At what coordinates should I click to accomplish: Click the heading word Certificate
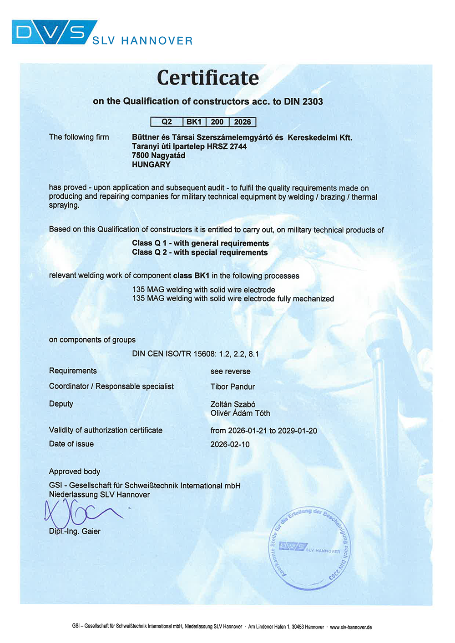(208, 78)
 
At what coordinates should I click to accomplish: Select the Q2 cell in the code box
(167, 122)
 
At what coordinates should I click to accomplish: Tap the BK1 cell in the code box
(194, 122)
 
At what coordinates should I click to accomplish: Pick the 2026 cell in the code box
(243, 122)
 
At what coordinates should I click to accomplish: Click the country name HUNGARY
(151, 165)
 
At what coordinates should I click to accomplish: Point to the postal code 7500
(140, 156)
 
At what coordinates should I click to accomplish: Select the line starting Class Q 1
(200, 243)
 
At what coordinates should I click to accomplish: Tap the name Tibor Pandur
(233, 387)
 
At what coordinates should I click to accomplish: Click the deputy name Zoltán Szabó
(233, 404)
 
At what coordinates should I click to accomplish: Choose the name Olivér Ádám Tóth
(240, 413)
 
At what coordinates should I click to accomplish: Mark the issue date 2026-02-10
(230, 444)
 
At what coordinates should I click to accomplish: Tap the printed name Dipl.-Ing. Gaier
(75, 531)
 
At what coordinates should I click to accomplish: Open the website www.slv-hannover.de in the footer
(350, 627)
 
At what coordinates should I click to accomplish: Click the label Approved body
(75, 472)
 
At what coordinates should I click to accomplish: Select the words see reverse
(230, 372)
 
